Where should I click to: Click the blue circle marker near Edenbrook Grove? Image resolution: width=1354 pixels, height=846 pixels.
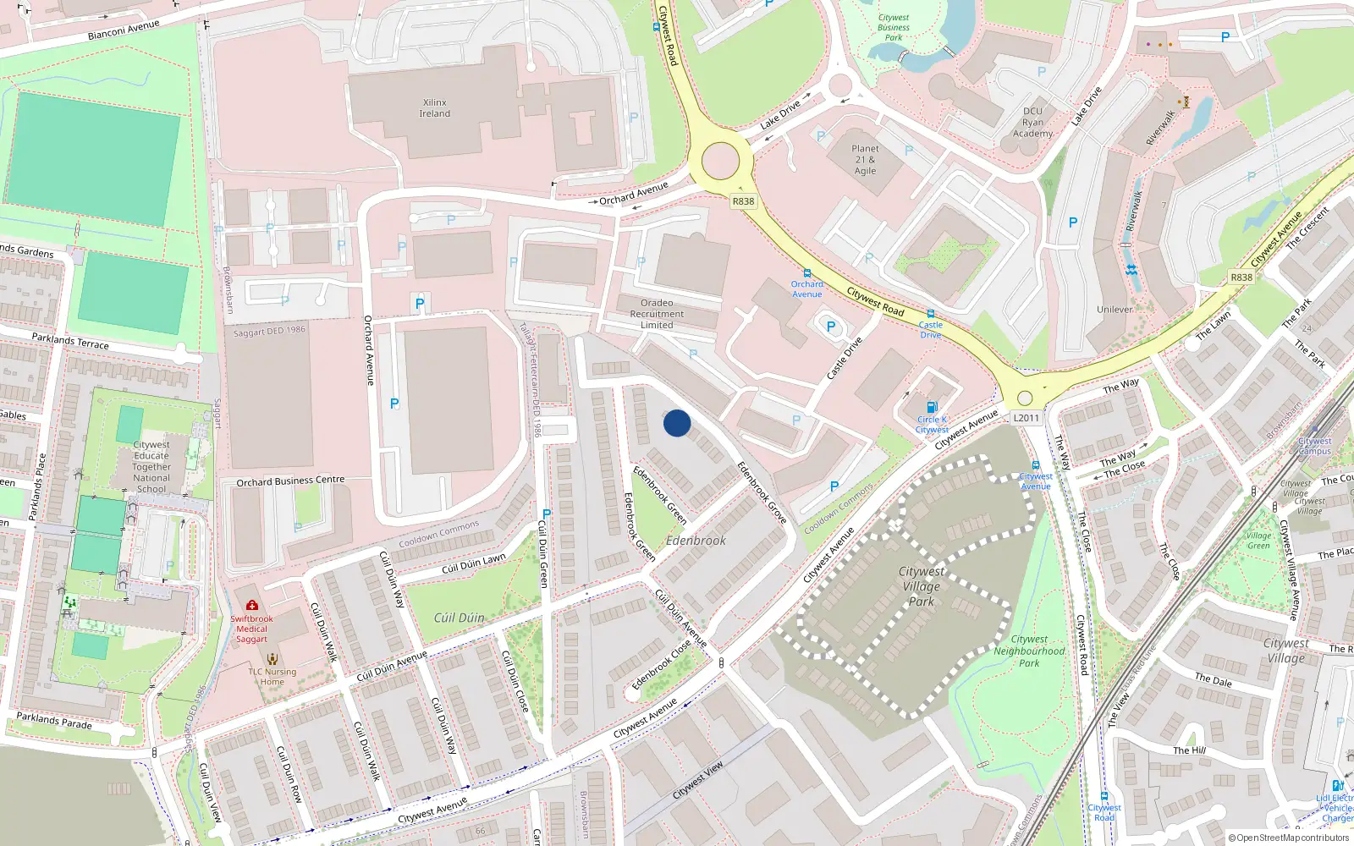click(677, 423)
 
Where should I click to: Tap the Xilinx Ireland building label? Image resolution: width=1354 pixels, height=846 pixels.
click(435, 108)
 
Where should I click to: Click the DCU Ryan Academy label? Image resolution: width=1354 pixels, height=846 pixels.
click(1032, 122)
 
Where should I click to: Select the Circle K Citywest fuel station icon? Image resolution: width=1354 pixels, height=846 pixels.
click(932, 407)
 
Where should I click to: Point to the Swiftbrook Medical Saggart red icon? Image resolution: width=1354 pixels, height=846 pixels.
click(251, 605)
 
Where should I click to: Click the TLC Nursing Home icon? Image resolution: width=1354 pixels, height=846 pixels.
click(272, 658)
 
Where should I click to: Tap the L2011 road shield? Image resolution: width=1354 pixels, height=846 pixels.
click(1026, 417)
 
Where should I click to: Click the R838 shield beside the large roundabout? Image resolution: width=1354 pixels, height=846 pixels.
click(743, 201)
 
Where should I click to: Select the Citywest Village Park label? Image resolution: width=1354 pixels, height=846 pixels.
click(922, 586)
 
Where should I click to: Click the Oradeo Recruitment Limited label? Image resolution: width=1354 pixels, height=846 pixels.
click(657, 314)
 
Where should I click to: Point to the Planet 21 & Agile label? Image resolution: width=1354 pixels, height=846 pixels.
click(865, 159)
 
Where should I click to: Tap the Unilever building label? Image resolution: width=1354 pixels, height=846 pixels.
click(1115, 310)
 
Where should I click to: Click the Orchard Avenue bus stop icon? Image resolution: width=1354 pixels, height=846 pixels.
click(807, 273)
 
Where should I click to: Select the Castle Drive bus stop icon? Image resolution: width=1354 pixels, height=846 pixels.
click(931, 314)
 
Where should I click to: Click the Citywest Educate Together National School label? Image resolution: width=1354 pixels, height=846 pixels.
click(151, 466)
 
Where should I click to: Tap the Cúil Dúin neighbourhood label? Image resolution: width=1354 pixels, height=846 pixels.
click(460, 618)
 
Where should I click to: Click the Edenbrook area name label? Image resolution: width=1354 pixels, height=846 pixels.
click(696, 540)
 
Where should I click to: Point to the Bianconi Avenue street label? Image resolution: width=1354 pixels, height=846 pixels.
click(124, 30)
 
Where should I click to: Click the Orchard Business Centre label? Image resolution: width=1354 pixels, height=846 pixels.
click(290, 481)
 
